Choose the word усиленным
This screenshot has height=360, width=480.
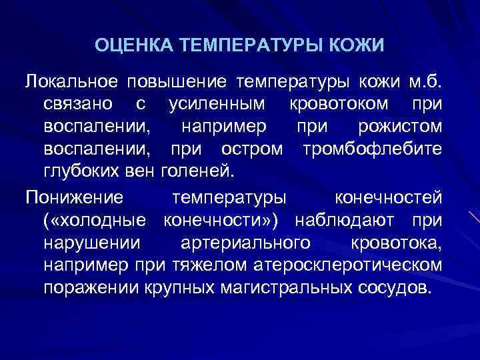pos(213,104)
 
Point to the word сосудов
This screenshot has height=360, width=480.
pos(398,287)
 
